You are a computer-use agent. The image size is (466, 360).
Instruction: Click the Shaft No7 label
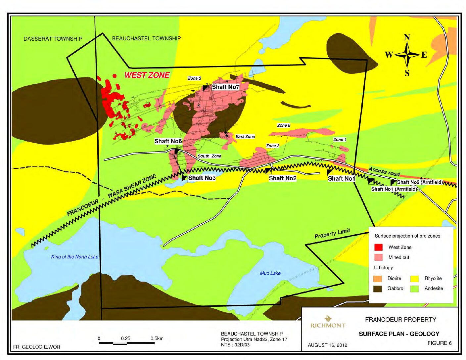pyautogui.click(x=225, y=87)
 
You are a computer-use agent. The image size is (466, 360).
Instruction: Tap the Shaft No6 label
pyautogui.click(x=168, y=141)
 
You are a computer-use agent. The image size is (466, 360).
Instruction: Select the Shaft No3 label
pyautogui.click(x=202, y=178)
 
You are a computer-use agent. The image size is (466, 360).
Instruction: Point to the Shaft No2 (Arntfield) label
pyautogui.click(x=420, y=182)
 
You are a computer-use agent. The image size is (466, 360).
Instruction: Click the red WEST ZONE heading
pyautogui.click(x=147, y=75)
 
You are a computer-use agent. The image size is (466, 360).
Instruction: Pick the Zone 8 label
pyautogui.click(x=284, y=125)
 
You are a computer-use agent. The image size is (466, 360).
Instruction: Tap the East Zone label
pyautogui.click(x=245, y=136)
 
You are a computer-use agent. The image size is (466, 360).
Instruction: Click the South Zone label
pyautogui.click(x=210, y=156)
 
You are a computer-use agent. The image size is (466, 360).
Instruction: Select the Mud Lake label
pyautogui.click(x=270, y=273)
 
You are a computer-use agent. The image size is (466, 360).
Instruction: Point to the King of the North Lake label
pyautogui.click(x=75, y=257)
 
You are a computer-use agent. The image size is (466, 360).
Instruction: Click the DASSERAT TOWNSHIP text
pyautogui.click(x=53, y=39)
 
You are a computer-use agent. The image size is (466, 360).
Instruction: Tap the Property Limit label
pyautogui.click(x=332, y=234)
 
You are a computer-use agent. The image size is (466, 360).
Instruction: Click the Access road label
pyautogui.click(x=384, y=171)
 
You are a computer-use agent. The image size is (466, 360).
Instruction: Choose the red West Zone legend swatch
pyautogui.click(x=378, y=247)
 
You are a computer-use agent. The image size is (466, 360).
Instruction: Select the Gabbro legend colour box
pyautogui.click(x=378, y=289)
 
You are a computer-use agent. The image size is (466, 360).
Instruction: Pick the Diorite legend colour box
pyautogui.click(x=378, y=279)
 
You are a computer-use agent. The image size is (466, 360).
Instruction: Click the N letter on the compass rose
pyautogui.click(x=407, y=37)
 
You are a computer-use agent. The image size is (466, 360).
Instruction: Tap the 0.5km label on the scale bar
pyautogui.click(x=157, y=338)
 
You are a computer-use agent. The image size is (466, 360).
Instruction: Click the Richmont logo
pyautogui.click(x=328, y=322)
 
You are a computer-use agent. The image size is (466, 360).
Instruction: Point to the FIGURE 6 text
pyautogui.click(x=439, y=343)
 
